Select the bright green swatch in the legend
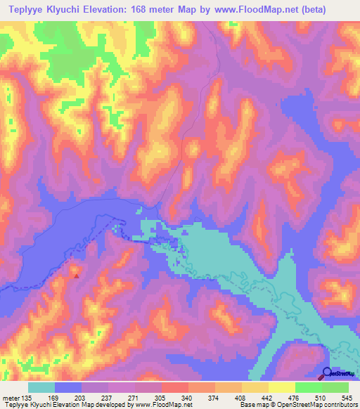pos(308,388)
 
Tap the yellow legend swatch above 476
pos(281,388)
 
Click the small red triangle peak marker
pos(77,273)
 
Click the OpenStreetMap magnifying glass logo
pos(327,374)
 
